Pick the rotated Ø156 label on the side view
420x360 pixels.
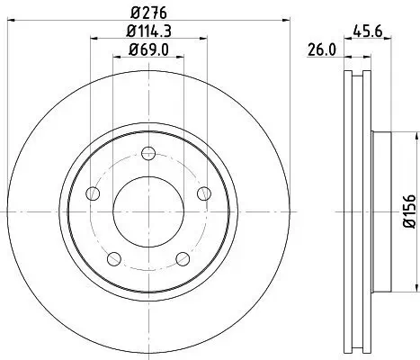[x=407, y=209]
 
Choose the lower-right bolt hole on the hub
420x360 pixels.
[x=183, y=258]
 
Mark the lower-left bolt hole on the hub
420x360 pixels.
[x=115, y=258]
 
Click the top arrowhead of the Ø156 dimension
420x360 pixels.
[x=415, y=134]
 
